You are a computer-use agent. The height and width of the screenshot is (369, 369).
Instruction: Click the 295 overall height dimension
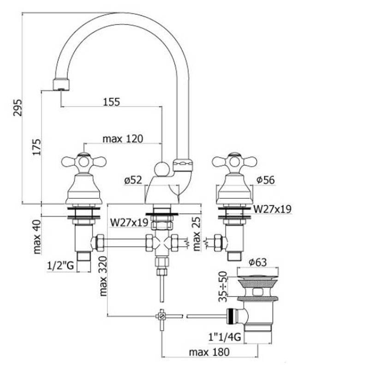pos(17,108)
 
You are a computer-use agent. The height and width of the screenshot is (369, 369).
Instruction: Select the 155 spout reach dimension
pos(111,102)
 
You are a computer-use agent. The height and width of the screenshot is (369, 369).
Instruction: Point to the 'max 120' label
pos(123,138)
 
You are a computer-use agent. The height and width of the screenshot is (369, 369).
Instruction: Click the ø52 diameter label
pos(134,181)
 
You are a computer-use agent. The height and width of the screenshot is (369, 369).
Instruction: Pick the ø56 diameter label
pos(265,180)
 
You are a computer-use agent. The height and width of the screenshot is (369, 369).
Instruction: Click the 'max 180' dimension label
pos(209,352)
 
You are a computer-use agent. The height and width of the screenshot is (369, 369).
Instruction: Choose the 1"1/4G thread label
pos(225,337)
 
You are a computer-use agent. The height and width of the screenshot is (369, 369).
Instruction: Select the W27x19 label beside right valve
pos(272,209)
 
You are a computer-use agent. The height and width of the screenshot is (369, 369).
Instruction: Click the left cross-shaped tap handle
pos(83,161)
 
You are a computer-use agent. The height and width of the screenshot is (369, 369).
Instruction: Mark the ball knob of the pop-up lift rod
pos(161,169)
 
